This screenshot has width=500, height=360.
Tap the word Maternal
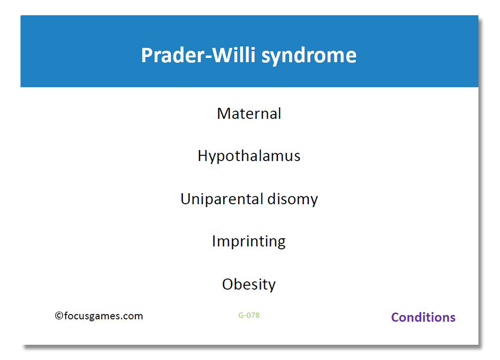249,114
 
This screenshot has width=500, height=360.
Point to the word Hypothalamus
249,156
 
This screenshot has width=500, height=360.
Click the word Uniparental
222,199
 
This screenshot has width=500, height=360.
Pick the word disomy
293,199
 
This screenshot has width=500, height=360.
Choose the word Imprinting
249,242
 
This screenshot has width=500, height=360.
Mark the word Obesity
249,284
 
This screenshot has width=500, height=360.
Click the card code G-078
249,315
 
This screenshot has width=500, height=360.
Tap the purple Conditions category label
423,317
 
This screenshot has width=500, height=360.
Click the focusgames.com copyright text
99,316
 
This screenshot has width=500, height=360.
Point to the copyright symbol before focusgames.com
59,316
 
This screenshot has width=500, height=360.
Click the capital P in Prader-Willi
147,55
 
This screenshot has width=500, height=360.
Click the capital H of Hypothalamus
203,155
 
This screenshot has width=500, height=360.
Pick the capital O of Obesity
228,284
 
